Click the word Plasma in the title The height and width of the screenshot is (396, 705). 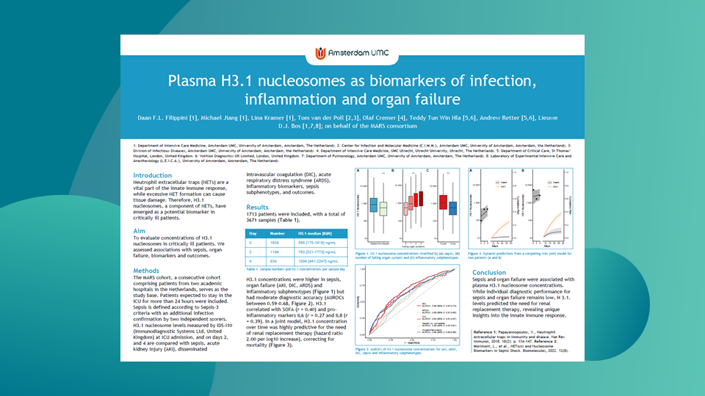[193, 79]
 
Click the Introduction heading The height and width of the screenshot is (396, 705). [153, 176]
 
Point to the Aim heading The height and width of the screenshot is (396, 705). [140, 231]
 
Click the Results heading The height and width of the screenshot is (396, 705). [258, 208]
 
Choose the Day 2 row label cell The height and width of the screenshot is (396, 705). [251, 250]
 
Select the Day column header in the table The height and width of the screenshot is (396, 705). [251, 231]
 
